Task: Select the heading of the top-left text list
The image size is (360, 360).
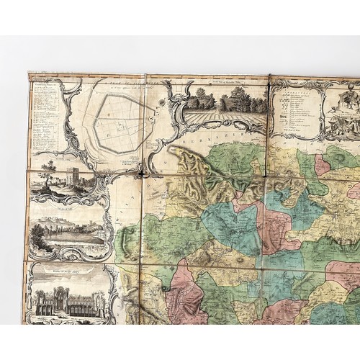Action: coord(44,84)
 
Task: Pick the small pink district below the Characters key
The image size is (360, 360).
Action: coord(322,164)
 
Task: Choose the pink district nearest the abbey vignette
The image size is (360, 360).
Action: coord(184,295)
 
